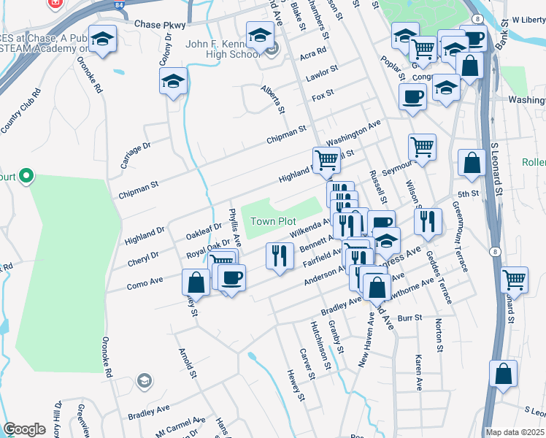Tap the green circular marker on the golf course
26,175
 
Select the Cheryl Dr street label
143,255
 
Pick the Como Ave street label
145,280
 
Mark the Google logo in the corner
24,429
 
